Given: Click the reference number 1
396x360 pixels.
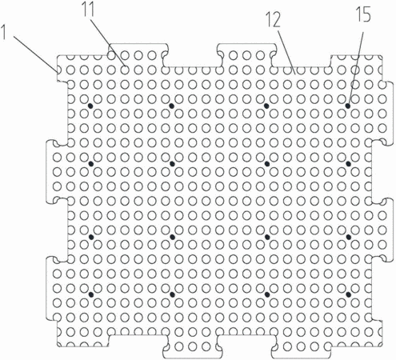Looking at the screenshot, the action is tap(4, 32).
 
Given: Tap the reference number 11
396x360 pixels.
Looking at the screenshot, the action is tap(89, 11).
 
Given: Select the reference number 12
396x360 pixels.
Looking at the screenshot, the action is tap(274, 21).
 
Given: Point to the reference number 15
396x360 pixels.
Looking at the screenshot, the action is tap(363, 14).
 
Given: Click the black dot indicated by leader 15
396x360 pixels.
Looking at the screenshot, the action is tap(348, 106).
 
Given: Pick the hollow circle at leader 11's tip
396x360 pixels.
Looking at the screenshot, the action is tap(125, 70).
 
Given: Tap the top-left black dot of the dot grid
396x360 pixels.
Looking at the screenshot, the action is tap(90, 106).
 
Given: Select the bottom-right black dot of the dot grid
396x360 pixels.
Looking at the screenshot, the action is tap(348, 294).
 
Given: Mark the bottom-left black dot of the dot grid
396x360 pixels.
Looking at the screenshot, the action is tap(91, 294).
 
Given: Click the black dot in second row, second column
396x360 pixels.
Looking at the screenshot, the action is tap(172, 163).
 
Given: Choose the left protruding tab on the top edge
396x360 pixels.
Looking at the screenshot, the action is tap(138, 55).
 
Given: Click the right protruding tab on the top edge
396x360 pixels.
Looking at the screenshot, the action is tap(247, 55).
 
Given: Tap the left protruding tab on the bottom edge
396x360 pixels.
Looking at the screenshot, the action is tap(193, 346).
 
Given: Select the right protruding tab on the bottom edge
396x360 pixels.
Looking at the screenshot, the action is tap(302, 346).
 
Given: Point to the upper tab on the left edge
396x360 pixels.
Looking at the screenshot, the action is tap(57, 171).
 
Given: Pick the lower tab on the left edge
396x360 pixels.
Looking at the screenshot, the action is tap(57, 288).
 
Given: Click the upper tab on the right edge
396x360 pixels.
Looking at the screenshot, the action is tap(382, 113).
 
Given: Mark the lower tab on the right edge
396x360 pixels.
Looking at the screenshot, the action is tap(382, 230).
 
